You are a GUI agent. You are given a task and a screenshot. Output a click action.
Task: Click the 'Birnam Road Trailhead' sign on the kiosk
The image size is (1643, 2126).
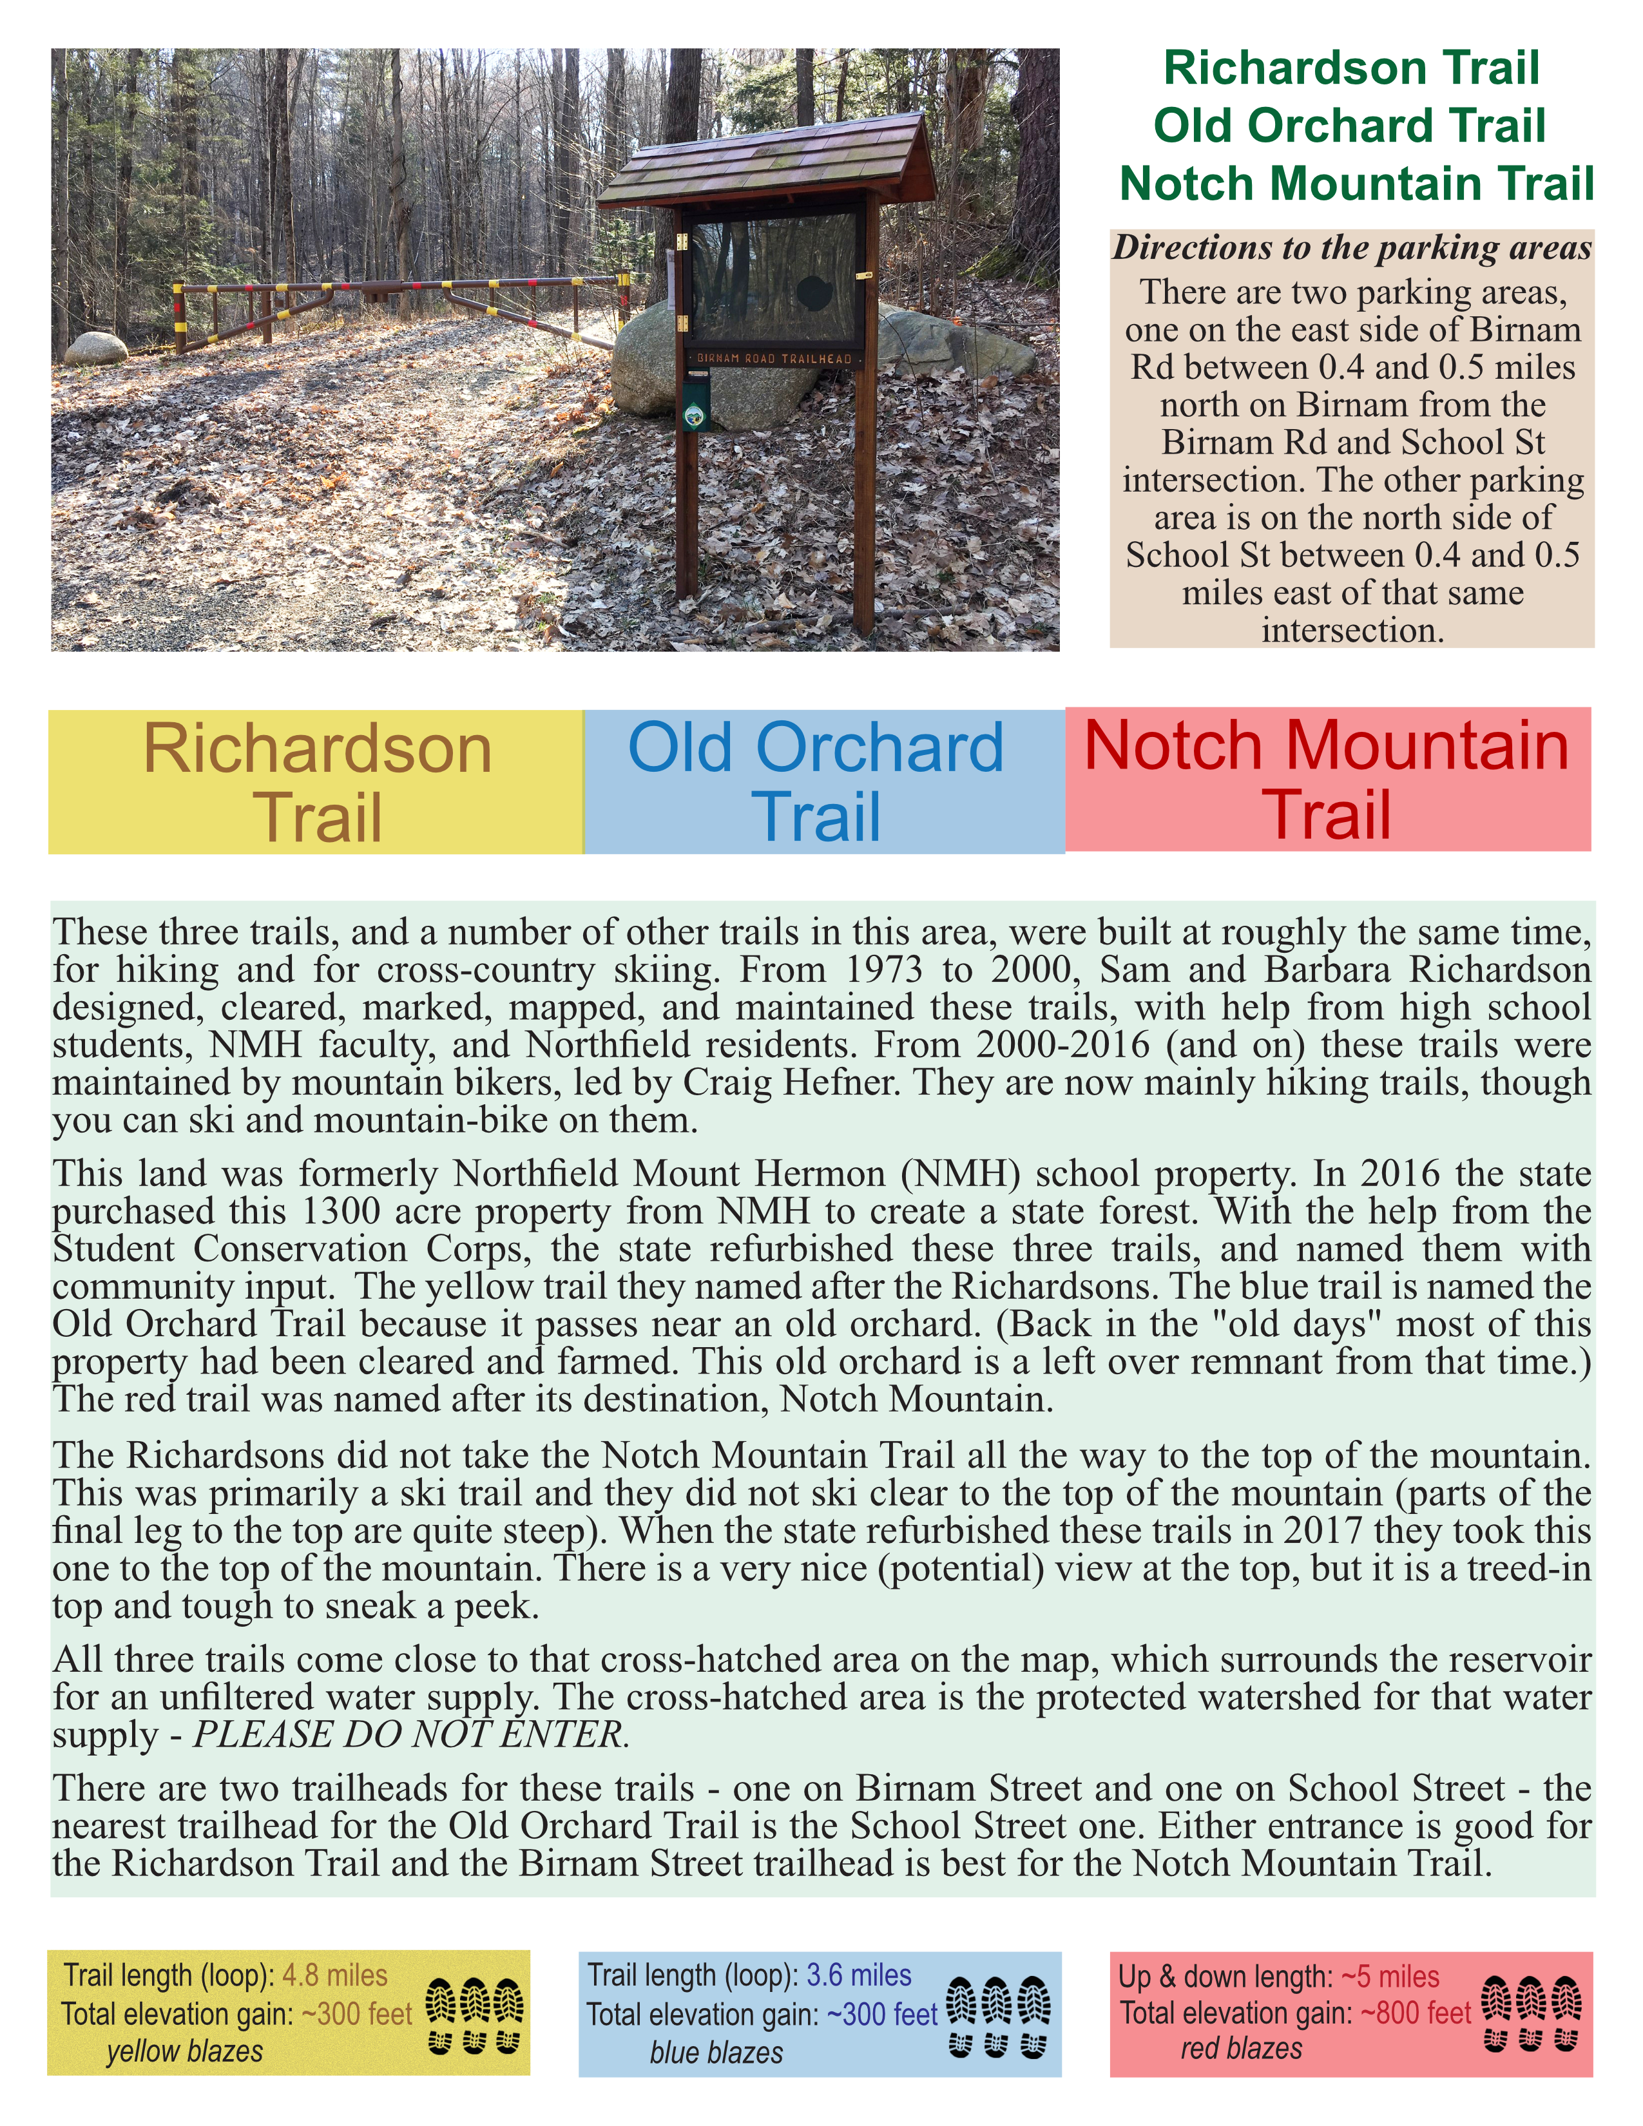[774, 358]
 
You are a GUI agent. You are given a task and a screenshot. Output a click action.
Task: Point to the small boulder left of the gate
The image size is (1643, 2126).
[95, 347]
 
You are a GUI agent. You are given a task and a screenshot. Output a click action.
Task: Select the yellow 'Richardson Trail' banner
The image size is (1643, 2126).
[316, 781]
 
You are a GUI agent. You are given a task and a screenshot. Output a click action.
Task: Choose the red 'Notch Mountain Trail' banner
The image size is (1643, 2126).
[1328, 779]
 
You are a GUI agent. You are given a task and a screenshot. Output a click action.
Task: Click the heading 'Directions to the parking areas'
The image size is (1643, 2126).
[1352, 247]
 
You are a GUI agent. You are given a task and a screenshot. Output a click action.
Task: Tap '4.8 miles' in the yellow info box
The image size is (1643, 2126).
[335, 1975]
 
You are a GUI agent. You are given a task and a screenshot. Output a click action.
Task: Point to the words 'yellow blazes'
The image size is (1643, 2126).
[185, 2051]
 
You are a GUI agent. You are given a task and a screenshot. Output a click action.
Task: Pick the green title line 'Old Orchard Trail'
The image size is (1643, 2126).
[1350, 126]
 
